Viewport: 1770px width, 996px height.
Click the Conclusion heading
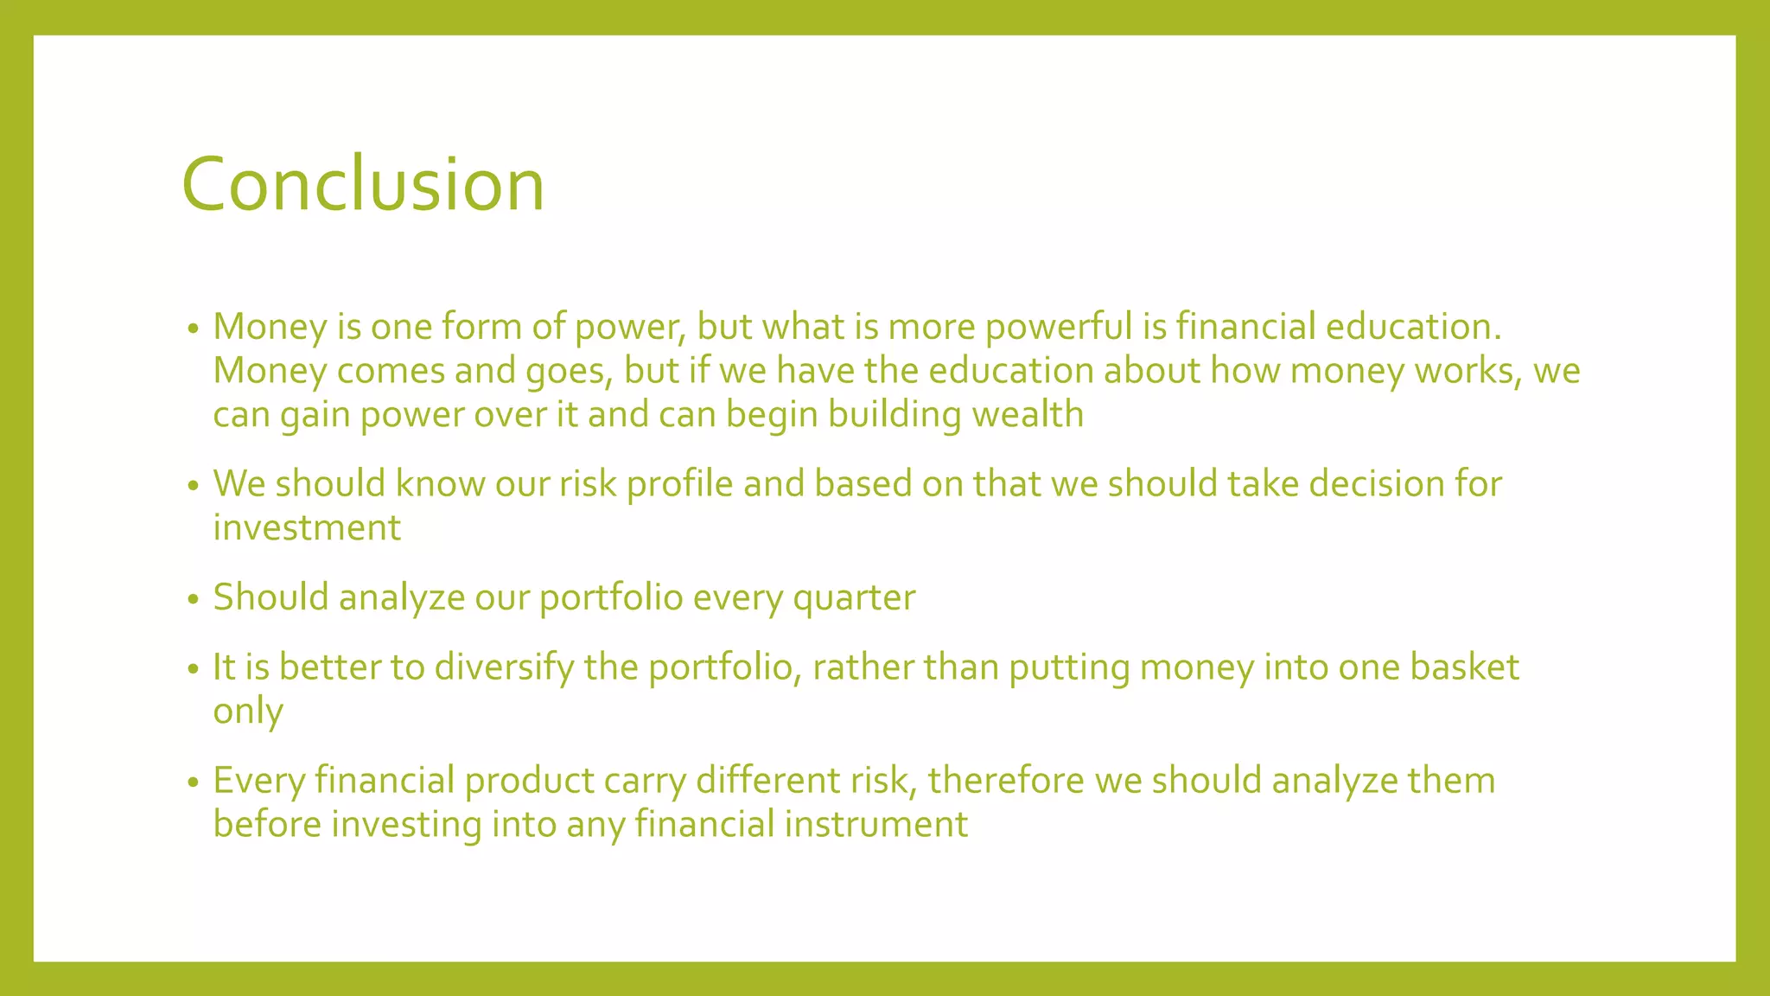point(363,184)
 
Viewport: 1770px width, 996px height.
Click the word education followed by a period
point(1409,327)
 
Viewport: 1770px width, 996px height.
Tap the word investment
point(307,528)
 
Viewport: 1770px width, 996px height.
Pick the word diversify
point(504,668)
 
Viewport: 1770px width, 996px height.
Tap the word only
point(248,712)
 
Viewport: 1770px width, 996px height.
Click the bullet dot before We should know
point(193,487)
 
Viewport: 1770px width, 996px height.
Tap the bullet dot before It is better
point(193,670)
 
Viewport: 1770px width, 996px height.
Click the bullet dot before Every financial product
point(193,783)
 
